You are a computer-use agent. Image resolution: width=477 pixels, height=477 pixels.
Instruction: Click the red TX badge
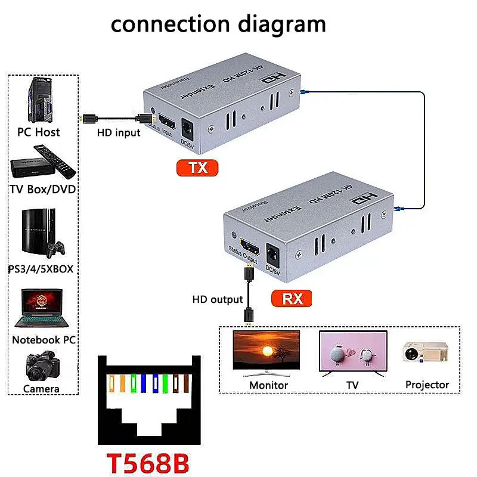click(x=197, y=168)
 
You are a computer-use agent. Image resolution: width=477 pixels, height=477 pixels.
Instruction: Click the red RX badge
click(x=292, y=298)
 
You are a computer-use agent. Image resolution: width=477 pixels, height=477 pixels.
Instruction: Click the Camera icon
click(x=42, y=367)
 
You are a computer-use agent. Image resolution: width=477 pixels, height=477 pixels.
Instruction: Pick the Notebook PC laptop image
click(x=42, y=308)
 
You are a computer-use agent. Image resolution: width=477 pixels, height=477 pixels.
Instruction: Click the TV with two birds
click(x=353, y=353)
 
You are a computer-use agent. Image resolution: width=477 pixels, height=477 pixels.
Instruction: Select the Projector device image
click(x=425, y=353)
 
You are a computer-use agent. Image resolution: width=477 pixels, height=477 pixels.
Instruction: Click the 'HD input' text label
click(x=119, y=132)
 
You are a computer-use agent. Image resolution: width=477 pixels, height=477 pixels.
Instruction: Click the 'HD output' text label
click(x=218, y=299)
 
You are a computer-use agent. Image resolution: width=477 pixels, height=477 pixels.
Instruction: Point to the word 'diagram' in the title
click(x=281, y=24)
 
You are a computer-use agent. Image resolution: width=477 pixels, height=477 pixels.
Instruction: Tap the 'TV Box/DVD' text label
click(x=43, y=190)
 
